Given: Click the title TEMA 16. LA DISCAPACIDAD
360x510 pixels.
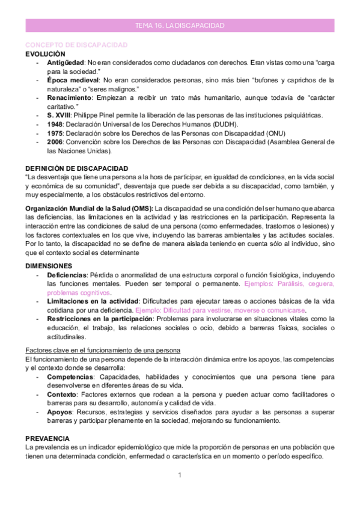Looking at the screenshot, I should (180, 26).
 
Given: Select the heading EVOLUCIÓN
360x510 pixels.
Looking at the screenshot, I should (45, 54).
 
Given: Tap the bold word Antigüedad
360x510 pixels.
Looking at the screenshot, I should (66, 63).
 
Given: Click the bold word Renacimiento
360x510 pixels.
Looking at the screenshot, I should (69, 97).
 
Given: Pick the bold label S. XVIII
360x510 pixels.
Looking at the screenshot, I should (59, 115).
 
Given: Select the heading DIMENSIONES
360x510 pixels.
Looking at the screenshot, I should (49, 265).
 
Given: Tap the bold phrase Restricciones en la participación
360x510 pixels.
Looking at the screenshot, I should (99, 318).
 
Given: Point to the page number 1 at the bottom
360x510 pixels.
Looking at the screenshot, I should (180, 476).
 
